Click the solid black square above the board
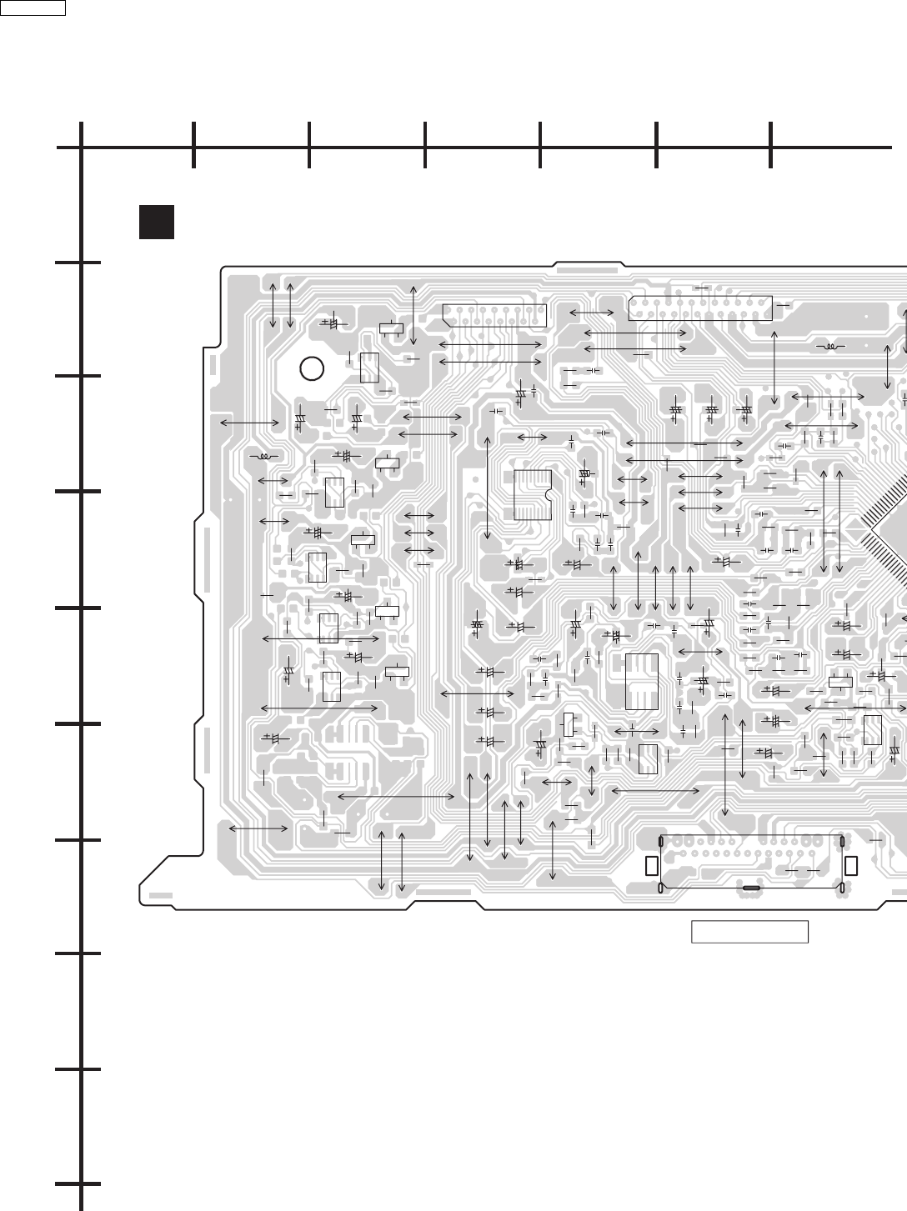[157, 222]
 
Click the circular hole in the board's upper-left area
[311, 368]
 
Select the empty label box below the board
[749, 932]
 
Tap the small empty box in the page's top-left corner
[33, 8]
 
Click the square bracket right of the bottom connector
[850, 866]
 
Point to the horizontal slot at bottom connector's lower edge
[750, 889]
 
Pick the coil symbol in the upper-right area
[829, 346]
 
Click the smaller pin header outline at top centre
[494, 315]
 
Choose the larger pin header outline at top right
[700, 308]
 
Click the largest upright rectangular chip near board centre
[641, 682]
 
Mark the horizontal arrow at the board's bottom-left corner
[258, 828]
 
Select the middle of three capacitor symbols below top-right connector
[711, 410]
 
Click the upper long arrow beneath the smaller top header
[490, 344]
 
